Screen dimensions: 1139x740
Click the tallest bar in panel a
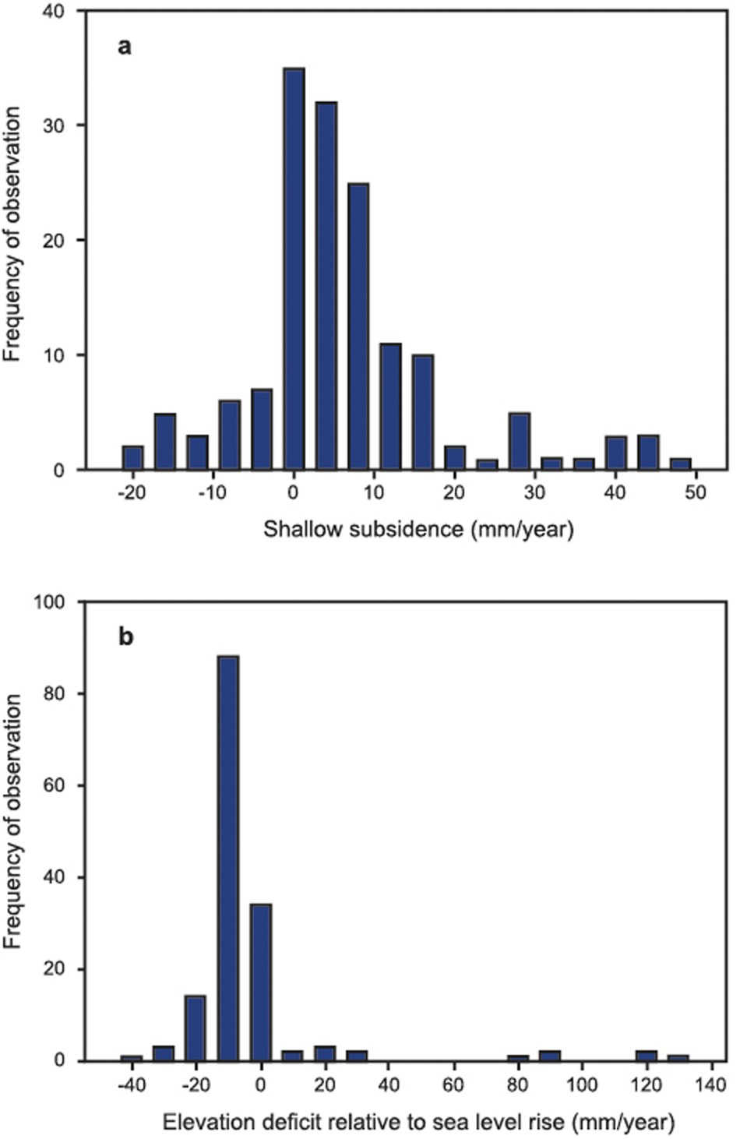[294, 269]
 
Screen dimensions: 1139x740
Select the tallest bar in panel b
[228, 858]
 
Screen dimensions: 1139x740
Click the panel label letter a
[124, 48]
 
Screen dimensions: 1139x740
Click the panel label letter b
[125, 638]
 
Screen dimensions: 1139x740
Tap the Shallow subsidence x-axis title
[418, 531]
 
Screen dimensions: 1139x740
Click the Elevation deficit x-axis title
[418, 1123]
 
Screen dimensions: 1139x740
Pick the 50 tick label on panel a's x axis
[696, 493]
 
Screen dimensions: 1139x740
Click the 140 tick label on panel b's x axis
[710, 1084]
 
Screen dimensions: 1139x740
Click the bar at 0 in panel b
[261, 982]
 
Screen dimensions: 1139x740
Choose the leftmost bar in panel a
[132, 457]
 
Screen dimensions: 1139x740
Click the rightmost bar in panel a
[681, 463]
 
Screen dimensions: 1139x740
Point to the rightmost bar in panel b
[678, 1058]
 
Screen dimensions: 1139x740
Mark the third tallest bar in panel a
[358, 326]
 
